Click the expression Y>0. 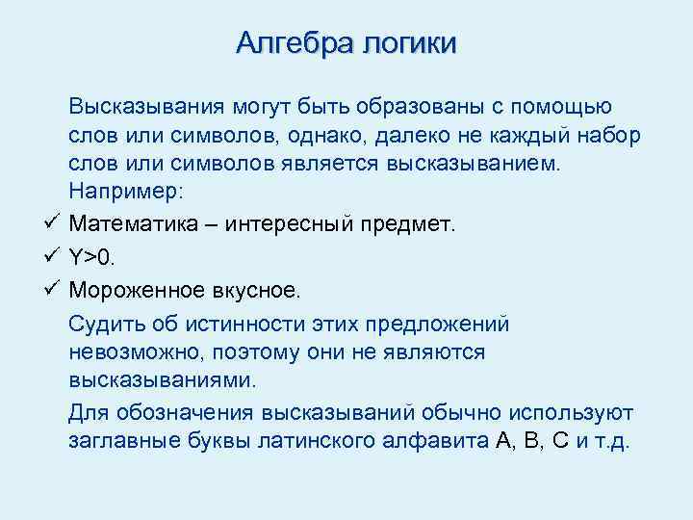point(94,256)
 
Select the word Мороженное point(139,288)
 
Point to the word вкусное point(258,288)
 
